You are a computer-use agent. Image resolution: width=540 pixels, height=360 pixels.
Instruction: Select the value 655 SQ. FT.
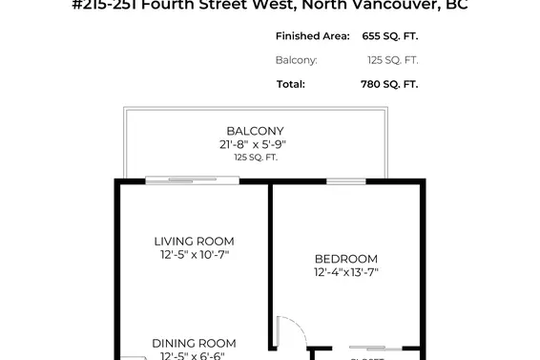pyautogui.click(x=392, y=36)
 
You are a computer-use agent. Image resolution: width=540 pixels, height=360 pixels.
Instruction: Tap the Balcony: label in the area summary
pyautogui.click(x=297, y=60)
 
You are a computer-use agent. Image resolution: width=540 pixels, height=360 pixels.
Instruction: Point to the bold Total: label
pyautogui.click(x=291, y=84)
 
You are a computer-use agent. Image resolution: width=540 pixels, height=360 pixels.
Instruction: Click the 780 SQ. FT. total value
pyautogui.click(x=392, y=84)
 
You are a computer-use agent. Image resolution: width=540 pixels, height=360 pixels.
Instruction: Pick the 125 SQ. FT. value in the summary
pyautogui.click(x=392, y=60)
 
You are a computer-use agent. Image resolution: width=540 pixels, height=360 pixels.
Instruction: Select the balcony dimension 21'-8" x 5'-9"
pyautogui.click(x=254, y=144)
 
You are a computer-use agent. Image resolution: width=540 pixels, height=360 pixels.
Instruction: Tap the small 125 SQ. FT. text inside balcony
pyautogui.click(x=255, y=157)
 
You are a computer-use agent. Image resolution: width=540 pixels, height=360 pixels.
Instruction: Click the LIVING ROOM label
pyautogui.click(x=195, y=242)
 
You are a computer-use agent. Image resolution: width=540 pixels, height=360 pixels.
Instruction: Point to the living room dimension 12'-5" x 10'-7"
pyautogui.click(x=195, y=255)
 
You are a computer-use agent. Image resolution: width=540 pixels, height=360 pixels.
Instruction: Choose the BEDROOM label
pyautogui.click(x=346, y=259)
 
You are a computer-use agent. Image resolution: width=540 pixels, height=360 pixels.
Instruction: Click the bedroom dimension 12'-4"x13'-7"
pyautogui.click(x=346, y=272)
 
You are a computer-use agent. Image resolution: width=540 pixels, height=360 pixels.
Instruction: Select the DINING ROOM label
pyautogui.click(x=195, y=344)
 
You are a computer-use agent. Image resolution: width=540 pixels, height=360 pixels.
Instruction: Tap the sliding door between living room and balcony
pyautogui.click(x=192, y=180)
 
